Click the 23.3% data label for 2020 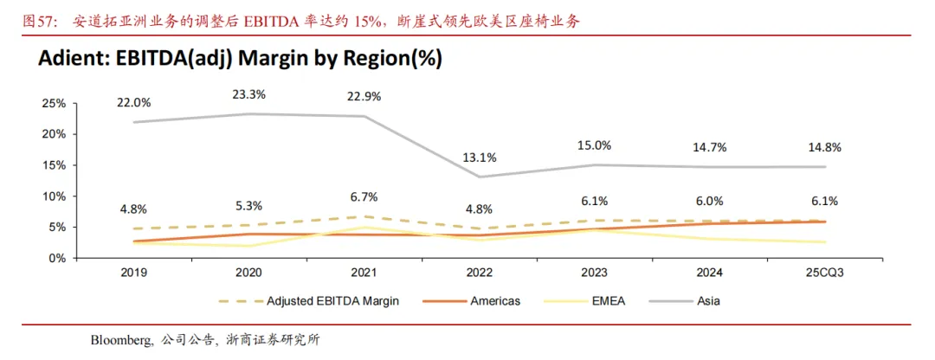pyautogui.click(x=250, y=94)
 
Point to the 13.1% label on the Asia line pyautogui.click(x=479, y=157)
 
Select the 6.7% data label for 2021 pyautogui.click(x=364, y=196)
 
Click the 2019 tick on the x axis pyautogui.click(x=134, y=272)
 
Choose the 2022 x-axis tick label pyautogui.click(x=479, y=272)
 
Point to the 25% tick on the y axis pyautogui.click(x=54, y=103)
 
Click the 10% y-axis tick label pyautogui.click(x=54, y=196)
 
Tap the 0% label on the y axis pyautogui.click(x=56, y=258)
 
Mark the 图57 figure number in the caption pyautogui.click(x=39, y=21)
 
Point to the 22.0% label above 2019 pyautogui.click(x=134, y=102)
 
